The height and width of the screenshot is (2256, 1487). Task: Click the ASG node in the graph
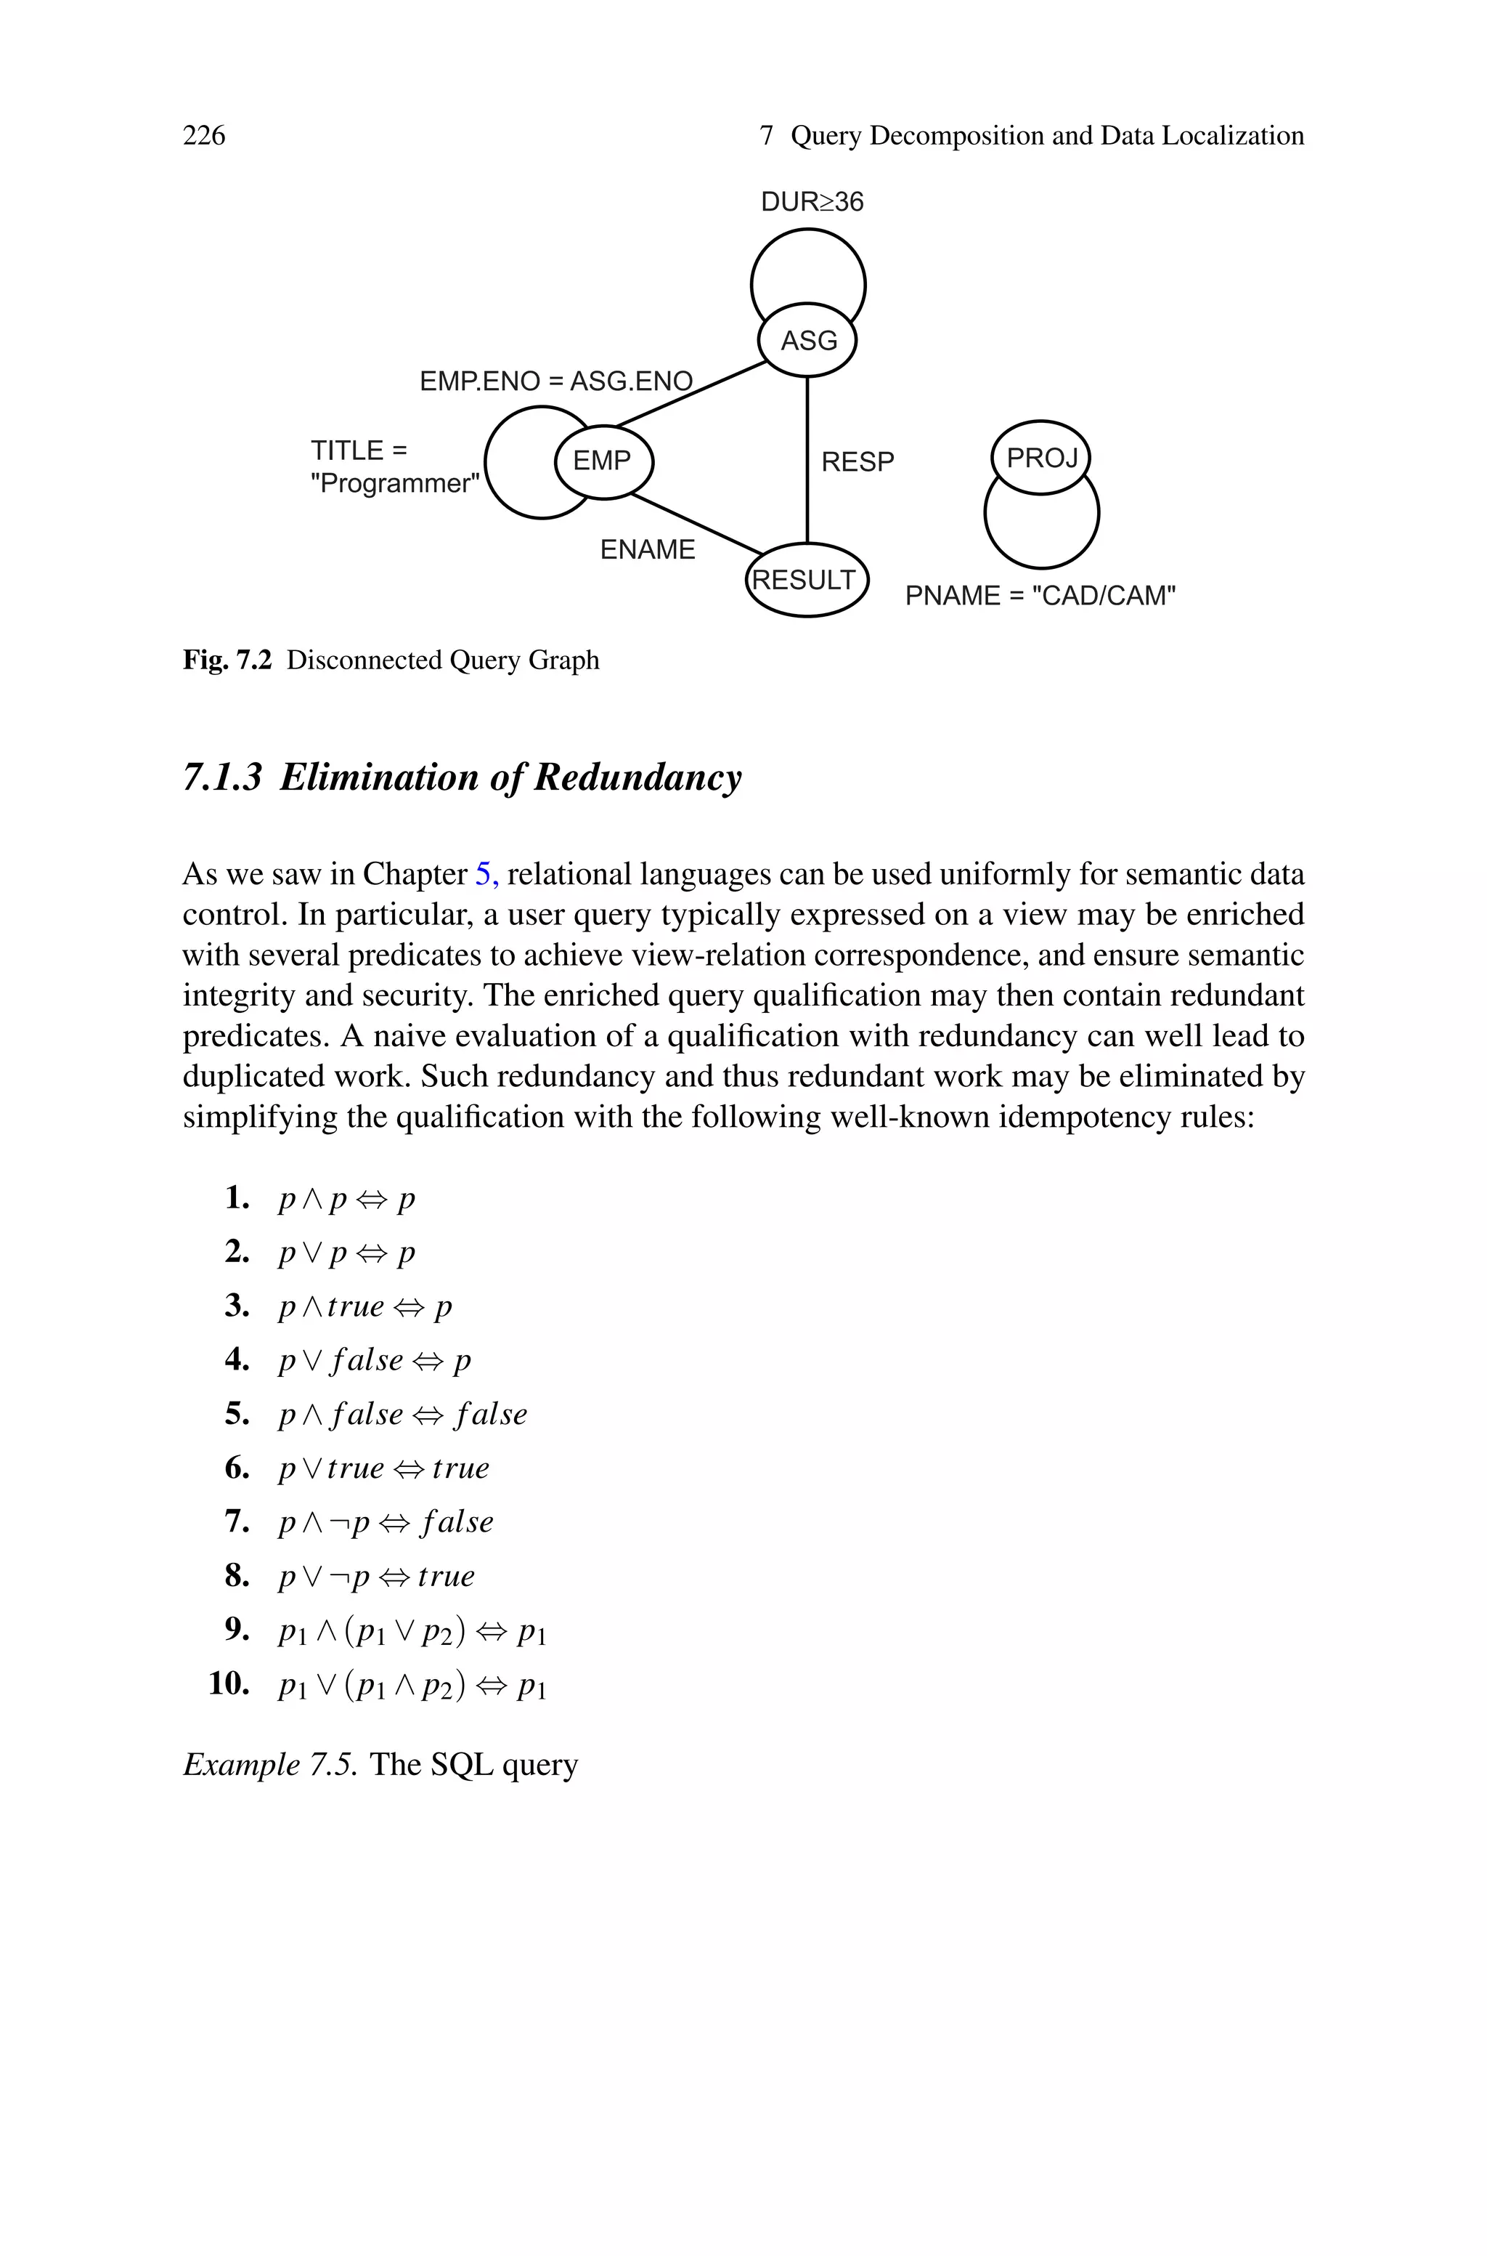pos(808,339)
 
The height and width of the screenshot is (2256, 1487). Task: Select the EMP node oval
pos(603,461)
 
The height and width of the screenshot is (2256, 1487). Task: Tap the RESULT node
pos(806,580)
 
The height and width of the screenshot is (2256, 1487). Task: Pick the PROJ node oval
pos(1041,458)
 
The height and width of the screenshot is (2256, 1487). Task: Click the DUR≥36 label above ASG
pos(812,202)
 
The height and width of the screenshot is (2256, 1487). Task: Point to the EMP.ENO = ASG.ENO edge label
pos(555,381)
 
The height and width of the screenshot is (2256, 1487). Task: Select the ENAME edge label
pos(648,549)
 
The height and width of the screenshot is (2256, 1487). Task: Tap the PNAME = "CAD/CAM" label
pos(1040,596)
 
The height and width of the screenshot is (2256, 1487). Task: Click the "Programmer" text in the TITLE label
pos(394,484)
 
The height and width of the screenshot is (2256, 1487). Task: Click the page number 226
pos(204,136)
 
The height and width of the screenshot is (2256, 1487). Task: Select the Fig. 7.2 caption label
pos(227,660)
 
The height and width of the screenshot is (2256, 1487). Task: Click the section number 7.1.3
pos(222,777)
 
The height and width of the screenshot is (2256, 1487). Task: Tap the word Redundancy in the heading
pos(637,777)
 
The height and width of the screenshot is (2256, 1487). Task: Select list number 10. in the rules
pos(229,1683)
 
